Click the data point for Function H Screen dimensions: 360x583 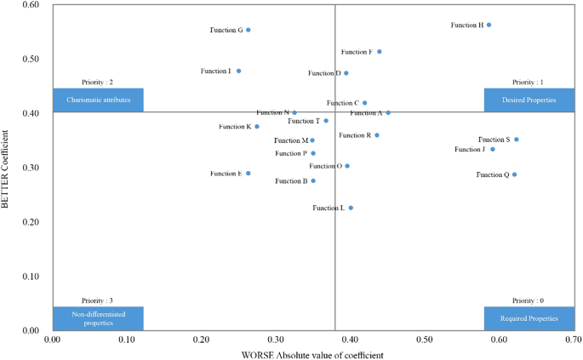point(489,25)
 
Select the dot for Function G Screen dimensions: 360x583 point(248,30)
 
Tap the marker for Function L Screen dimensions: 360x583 point(351,208)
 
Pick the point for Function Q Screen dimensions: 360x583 point(514,174)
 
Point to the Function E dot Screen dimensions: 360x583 point(248,174)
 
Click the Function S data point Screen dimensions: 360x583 point(516,140)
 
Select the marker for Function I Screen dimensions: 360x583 point(238,71)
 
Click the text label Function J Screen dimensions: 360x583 point(470,150)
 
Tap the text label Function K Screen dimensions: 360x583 point(234,127)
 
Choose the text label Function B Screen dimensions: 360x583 point(291,181)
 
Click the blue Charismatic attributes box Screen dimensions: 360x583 point(98,100)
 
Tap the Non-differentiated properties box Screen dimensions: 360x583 point(98,318)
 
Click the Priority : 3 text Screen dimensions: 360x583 point(98,300)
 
